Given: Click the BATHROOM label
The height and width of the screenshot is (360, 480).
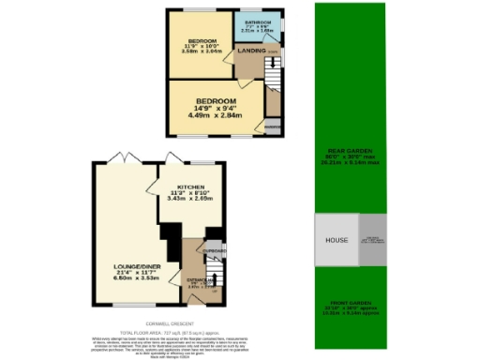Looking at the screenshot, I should (x=258, y=21).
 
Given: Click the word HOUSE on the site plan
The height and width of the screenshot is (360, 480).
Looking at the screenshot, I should (x=337, y=240).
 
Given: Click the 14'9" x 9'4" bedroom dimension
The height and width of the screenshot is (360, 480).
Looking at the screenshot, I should (x=217, y=108).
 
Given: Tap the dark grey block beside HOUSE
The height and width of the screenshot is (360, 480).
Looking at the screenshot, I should (x=372, y=240).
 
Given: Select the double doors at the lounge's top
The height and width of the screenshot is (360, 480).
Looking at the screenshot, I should (x=116, y=156).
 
